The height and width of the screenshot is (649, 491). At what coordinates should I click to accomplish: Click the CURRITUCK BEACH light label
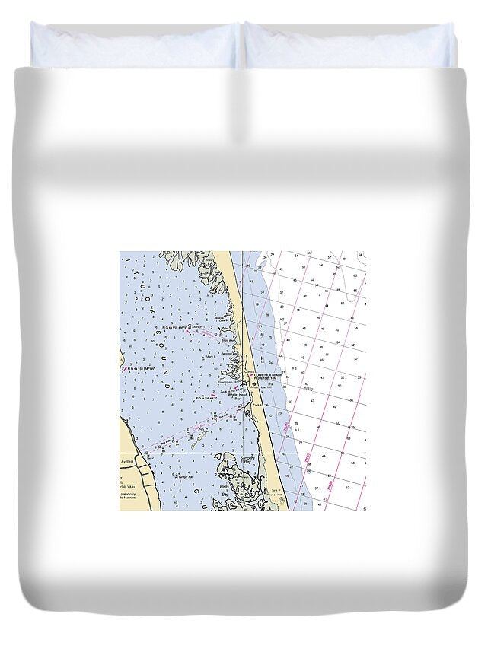tap(268, 375)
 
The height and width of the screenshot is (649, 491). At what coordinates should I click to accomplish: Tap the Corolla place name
tap(248, 371)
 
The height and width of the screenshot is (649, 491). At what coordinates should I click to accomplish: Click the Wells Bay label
tap(225, 489)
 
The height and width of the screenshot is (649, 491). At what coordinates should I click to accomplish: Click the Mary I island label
tap(209, 355)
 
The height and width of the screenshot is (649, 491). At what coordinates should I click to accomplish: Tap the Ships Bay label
tap(225, 341)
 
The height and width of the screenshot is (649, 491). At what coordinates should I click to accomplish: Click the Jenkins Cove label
tap(224, 319)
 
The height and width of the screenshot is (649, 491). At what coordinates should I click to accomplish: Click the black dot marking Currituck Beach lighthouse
tap(254, 384)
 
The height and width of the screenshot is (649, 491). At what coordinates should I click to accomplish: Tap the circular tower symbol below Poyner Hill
tap(281, 500)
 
